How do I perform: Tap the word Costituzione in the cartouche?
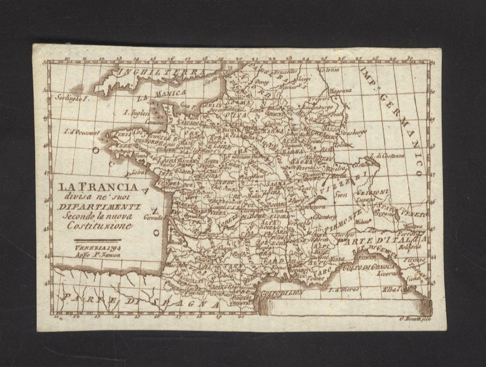96,226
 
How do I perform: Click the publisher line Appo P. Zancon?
94,255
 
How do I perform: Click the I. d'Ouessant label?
79,132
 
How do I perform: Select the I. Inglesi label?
137,112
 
